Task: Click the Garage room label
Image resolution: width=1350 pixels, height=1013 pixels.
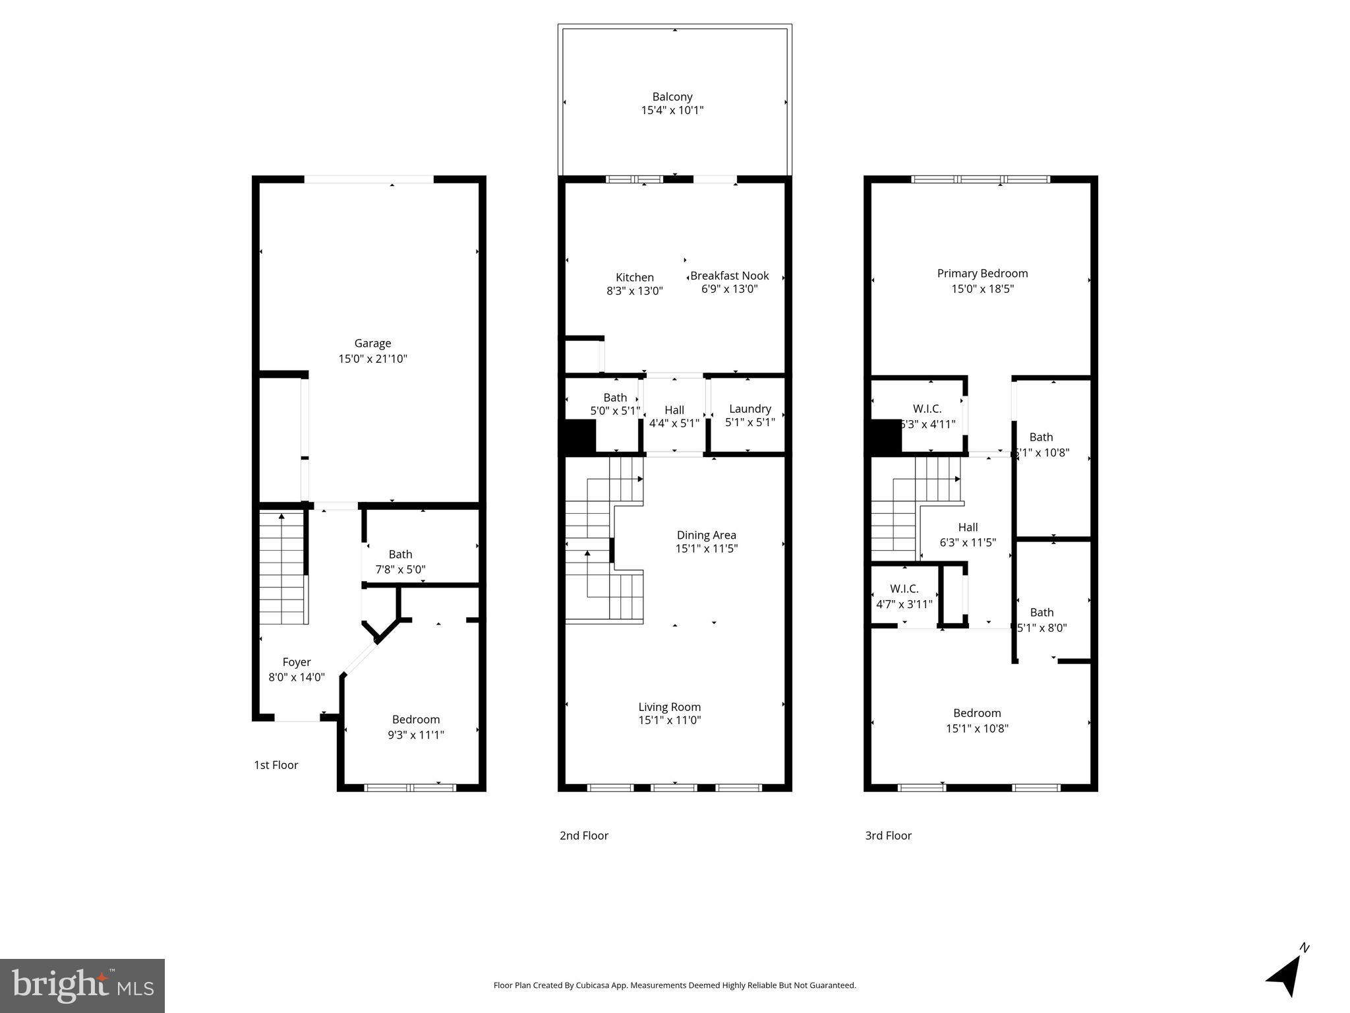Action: [372, 344]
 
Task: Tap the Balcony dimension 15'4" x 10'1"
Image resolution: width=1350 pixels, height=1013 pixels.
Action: [672, 111]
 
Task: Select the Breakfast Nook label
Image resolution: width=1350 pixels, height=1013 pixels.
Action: [729, 276]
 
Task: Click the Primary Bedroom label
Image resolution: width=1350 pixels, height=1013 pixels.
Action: [982, 274]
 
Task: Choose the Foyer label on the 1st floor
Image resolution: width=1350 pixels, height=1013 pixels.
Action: [296, 662]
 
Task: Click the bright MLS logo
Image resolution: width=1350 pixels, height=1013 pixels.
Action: [82, 986]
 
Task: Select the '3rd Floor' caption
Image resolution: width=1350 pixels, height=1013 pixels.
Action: [888, 836]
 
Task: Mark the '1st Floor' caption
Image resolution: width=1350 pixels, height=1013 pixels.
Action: [276, 765]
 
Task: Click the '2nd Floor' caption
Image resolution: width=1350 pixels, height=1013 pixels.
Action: [583, 836]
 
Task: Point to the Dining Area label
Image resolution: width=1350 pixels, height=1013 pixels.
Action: [706, 535]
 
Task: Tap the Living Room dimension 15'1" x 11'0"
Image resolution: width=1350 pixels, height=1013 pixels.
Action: [669, 720]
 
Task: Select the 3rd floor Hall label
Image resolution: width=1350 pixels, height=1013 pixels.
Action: [968, 527]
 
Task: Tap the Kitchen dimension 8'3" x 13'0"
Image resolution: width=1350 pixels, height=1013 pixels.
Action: [634, 291]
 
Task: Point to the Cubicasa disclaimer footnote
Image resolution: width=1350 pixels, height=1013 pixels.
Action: [674, 985]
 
